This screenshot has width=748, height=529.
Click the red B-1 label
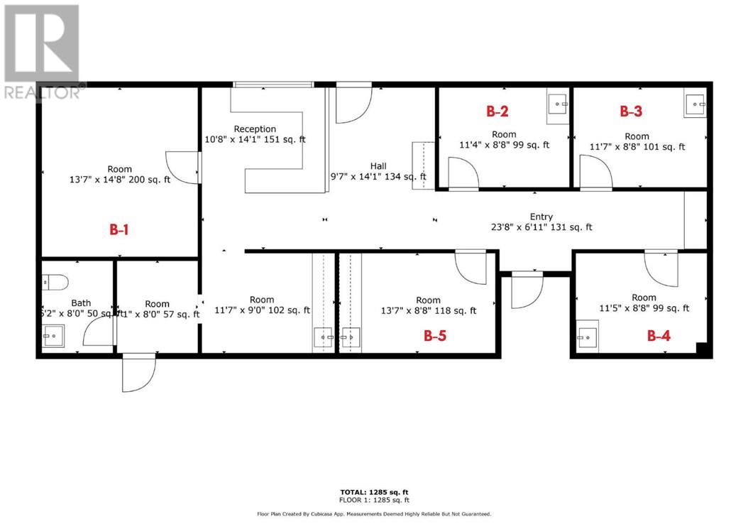click(x=118, y=229)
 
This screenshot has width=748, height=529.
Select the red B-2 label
click(x=497, y=111)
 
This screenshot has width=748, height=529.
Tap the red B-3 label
click(x=631, y=111)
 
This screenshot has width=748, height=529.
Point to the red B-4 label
click(x=659, y=335)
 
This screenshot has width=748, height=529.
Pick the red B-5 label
click(x=434, y=335)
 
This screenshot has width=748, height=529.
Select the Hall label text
click(x=378, y=165)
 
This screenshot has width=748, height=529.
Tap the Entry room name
click(x=541, y=217)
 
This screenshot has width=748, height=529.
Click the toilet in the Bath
click(x=50, y=281)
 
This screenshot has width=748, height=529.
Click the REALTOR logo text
click(x=43, y=92)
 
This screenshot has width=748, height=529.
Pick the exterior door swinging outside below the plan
click(x=138, y=373)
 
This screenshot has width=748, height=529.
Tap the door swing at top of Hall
click(x=353, y=104)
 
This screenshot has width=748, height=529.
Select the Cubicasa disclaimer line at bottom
click(x=374, y=513)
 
